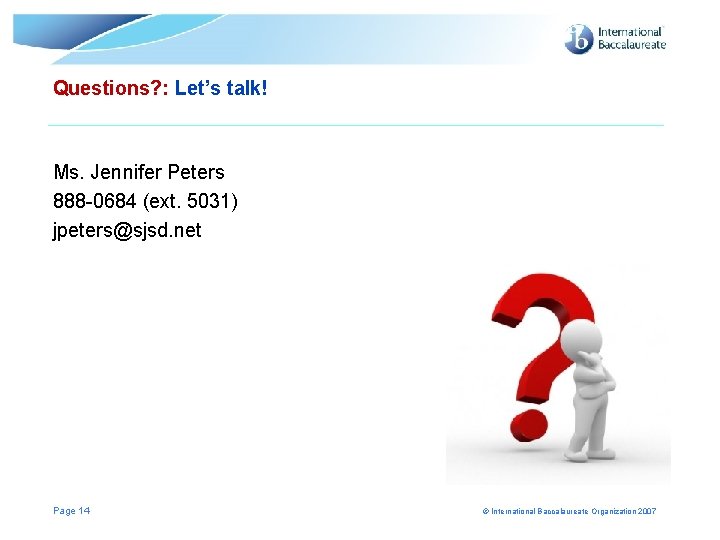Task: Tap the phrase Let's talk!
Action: coord(221,88)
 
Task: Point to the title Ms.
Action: coord(69,172)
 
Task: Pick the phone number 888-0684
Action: coord(95,201)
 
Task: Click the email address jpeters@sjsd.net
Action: coord(127,230)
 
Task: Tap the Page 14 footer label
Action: coord(71,511)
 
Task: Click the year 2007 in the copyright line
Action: coord(646,512)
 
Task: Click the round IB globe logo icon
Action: coord(579,39)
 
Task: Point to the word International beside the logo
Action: coord(630,32)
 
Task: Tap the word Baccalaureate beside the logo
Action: coord(631,45)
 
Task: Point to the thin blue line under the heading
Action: coord(356,125)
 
